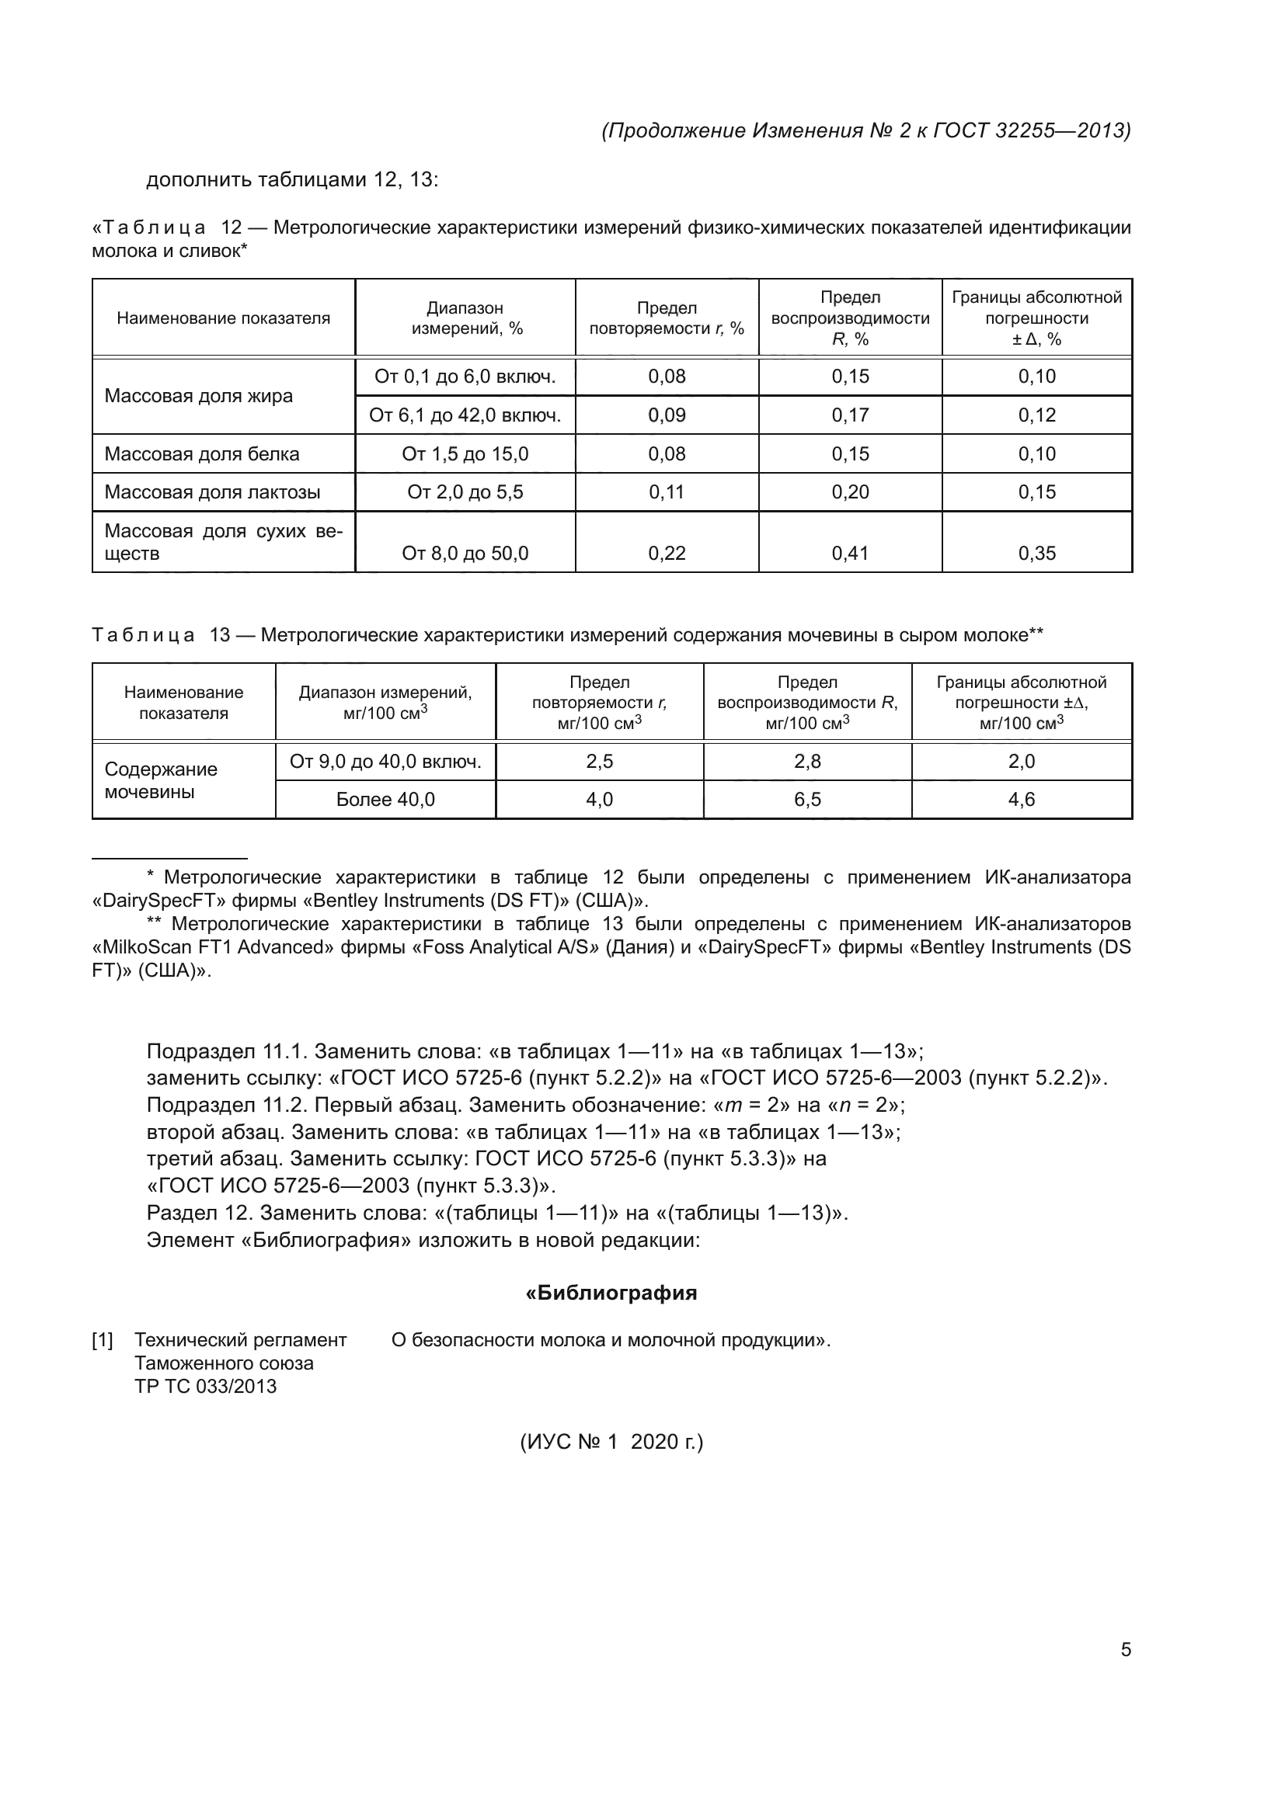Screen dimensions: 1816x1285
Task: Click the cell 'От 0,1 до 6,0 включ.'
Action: pyautogui.click(x=465, y=377)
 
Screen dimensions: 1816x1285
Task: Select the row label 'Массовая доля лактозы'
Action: pyautogui.click(x=212, y=492)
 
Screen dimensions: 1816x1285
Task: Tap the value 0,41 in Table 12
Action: pyautogui.click(x=850, y=553)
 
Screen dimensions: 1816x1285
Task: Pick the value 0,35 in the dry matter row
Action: pyautogui.click(x=1036, y=553)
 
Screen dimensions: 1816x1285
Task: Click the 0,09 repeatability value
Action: pyautogui.click(x=667, y=415)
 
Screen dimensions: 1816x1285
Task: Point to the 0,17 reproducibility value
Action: pyautogui.click(x=850, y=415)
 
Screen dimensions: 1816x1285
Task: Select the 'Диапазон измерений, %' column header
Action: pyautogui.click(x=465, y=318)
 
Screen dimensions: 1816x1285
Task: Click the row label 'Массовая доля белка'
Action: pyautogui.click(x=202, y=454)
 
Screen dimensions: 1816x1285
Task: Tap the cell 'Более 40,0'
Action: pyautogui.click(x=385, y=800)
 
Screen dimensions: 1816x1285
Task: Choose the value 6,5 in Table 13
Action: pyautogui.click(x=807, y=800)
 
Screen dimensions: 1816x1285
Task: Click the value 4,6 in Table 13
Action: pyautogui.click(x=1021, y=800)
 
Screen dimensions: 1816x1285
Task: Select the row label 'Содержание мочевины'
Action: pyautogui.click(x=161, y=780)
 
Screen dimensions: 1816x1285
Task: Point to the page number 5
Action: pyautogui.click(x=1125, y=1650)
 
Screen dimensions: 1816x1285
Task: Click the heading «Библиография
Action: pyautogui.click(x=611, y=1293)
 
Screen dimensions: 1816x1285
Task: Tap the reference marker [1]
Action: pyautogui.click(x=103, y=1340)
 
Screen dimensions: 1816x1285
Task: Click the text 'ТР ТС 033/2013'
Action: pyautogui.click(x=205, y=1386)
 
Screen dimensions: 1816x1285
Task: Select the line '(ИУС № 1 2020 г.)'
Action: pyautogui.click(x=611, y=1442)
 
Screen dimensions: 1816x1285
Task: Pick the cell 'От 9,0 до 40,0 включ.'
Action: pyautogui.click(x=385, y=762)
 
